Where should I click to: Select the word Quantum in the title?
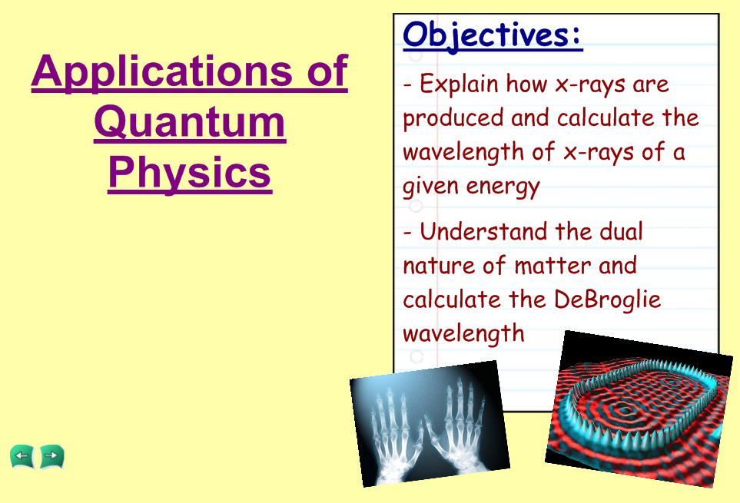pyautogui.click(x=190, y=121)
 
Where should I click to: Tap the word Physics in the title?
pyautogui.click(x=190, y=173)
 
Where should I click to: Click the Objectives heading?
pyautogui.click(x=493, y=35)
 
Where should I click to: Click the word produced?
pyautogui.click(x=453, y=117)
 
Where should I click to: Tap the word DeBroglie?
pyautogui.click(x=607, y=299)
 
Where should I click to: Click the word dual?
pyautogui.click(x=621, y=231)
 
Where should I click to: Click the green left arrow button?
pyautogui.click(x=22, y=456)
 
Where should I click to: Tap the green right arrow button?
pyautogui.click(x=52, y=456)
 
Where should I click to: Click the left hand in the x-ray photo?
pyautogui.click(x=395, y=432)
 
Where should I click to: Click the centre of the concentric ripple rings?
pyautogui.click(x=626, y=411)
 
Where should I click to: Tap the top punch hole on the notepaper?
pyautogui.click(x=416, y=55)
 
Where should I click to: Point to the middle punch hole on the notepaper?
pyautogui.click(x=416, y=206)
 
